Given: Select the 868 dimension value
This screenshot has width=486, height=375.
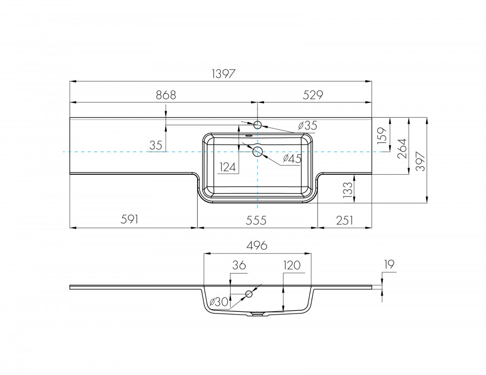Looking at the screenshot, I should (166, 95).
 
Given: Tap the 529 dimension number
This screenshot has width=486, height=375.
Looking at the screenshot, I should (312, 95).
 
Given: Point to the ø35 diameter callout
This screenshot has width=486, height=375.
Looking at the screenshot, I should (307, 126).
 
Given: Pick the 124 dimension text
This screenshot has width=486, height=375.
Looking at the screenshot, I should (229, 167).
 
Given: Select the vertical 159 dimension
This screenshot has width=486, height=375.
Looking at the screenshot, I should (382, 135).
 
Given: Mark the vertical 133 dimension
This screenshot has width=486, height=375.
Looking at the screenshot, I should (347, 188).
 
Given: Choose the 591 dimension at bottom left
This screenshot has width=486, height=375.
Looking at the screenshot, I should (130, 220).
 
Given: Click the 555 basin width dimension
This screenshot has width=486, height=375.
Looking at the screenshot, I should (257, 220).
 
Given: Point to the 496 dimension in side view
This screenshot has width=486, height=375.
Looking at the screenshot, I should (257, 246).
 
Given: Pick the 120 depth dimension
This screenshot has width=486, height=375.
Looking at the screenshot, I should (292, 265).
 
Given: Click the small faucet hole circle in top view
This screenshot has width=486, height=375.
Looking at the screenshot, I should (258, 125).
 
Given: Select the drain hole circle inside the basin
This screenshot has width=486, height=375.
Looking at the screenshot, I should (258, 152).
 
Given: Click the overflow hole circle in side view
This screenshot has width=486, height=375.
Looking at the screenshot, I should (249, 294).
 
